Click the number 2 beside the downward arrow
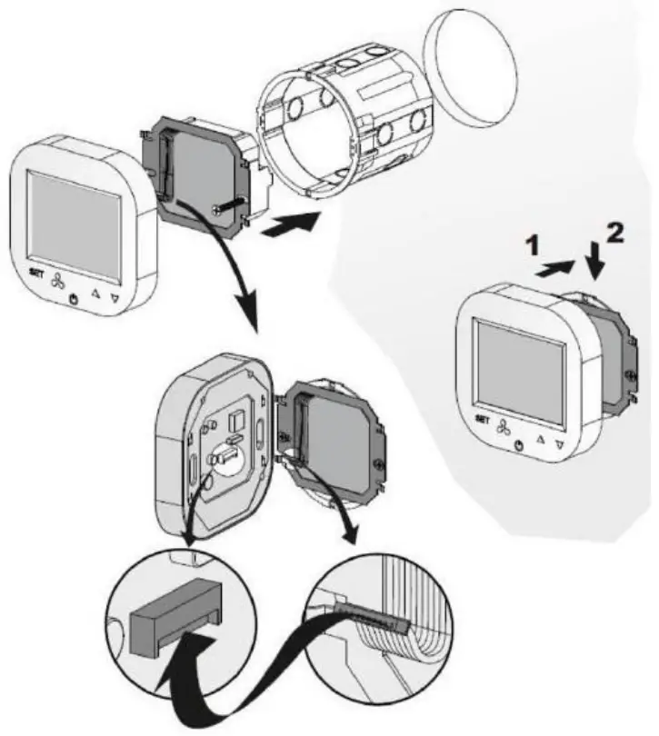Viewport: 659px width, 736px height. (x=615, y=234)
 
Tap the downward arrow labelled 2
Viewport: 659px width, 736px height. (x=595, y=264)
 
